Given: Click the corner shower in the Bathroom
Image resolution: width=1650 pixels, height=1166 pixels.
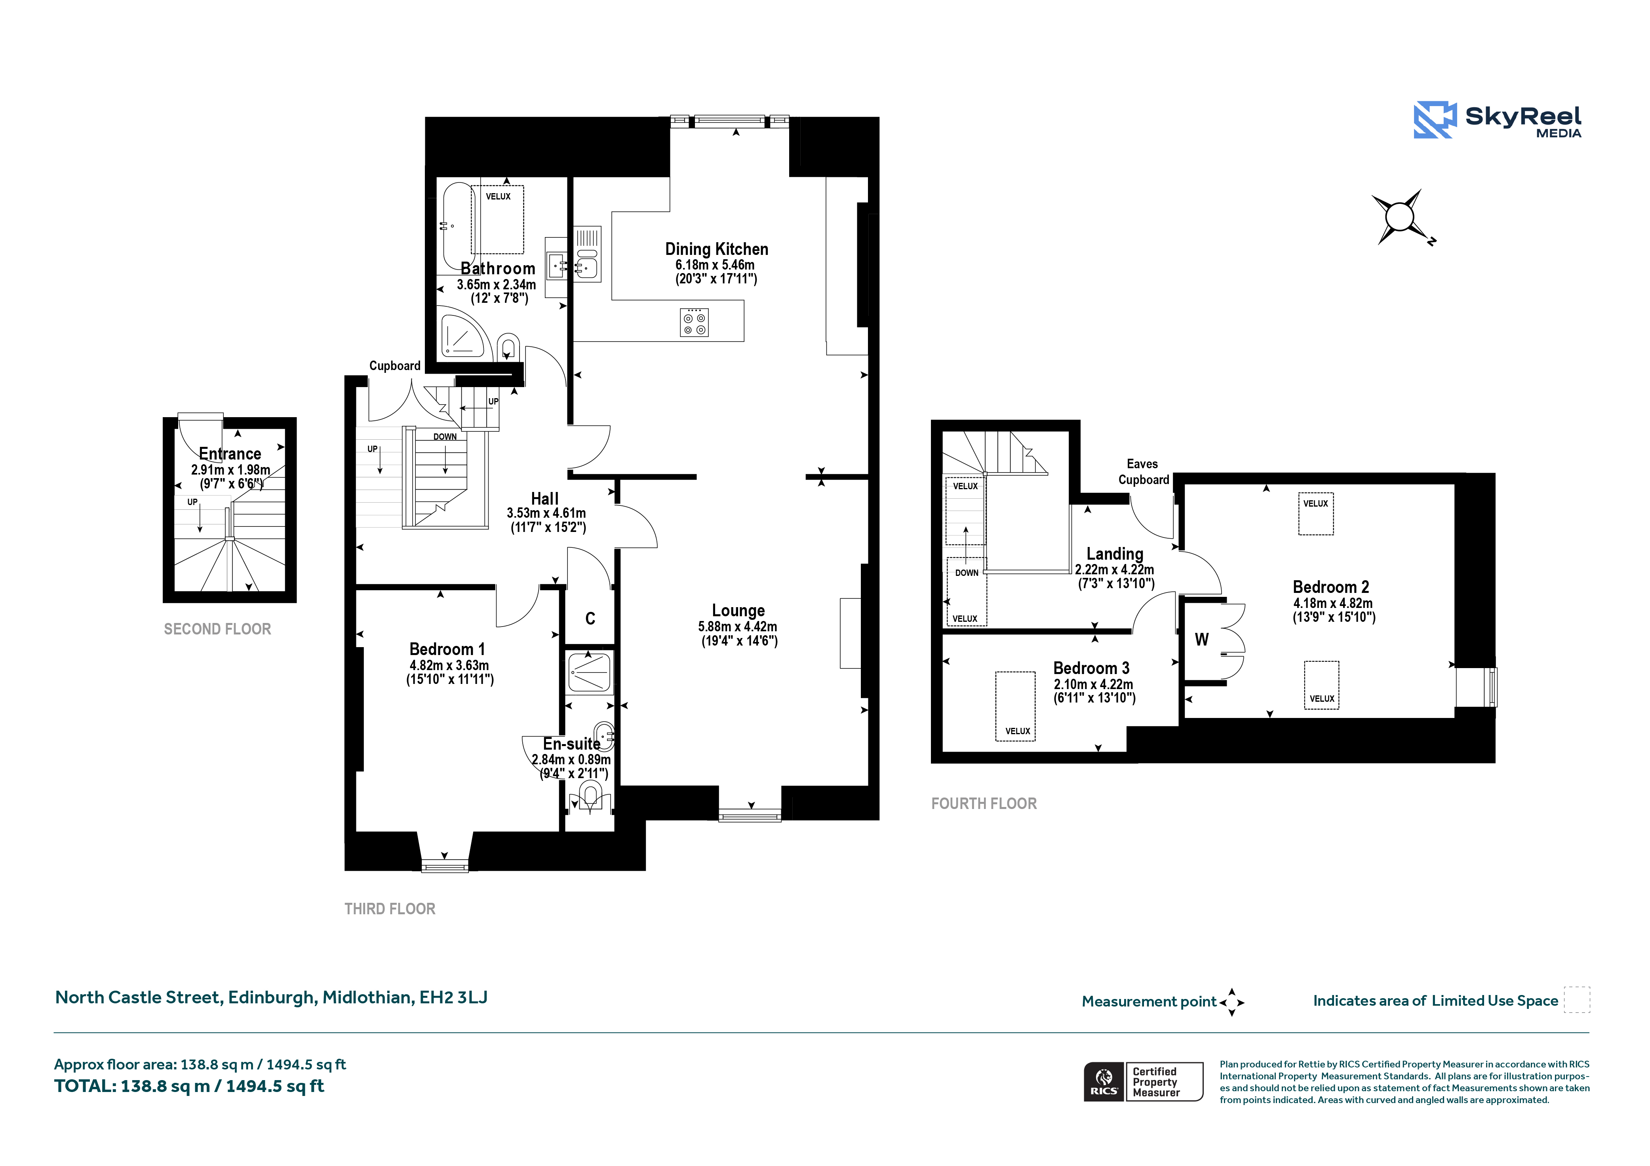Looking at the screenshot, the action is coord(464,336).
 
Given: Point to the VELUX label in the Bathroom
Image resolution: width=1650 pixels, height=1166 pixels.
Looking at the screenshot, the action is coord(498,196).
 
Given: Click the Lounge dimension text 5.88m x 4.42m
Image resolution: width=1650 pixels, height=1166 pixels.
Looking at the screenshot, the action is coord(738,627).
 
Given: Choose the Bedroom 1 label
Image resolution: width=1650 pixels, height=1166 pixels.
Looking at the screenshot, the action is coord(447,649).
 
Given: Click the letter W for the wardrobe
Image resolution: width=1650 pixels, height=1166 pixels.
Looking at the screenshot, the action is coord(1202,639).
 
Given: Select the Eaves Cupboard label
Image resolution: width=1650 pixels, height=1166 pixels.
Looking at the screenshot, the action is coord(1143,472).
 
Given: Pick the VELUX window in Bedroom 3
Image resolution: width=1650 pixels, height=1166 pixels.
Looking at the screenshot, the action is coord(1015,706).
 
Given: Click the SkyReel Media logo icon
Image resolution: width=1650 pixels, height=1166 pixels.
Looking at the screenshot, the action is coord(1435,120).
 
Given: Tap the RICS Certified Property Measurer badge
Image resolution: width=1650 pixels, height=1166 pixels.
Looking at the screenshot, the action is coord(1143,1082).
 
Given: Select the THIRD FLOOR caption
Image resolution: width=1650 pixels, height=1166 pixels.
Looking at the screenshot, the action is coord(390,909).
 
